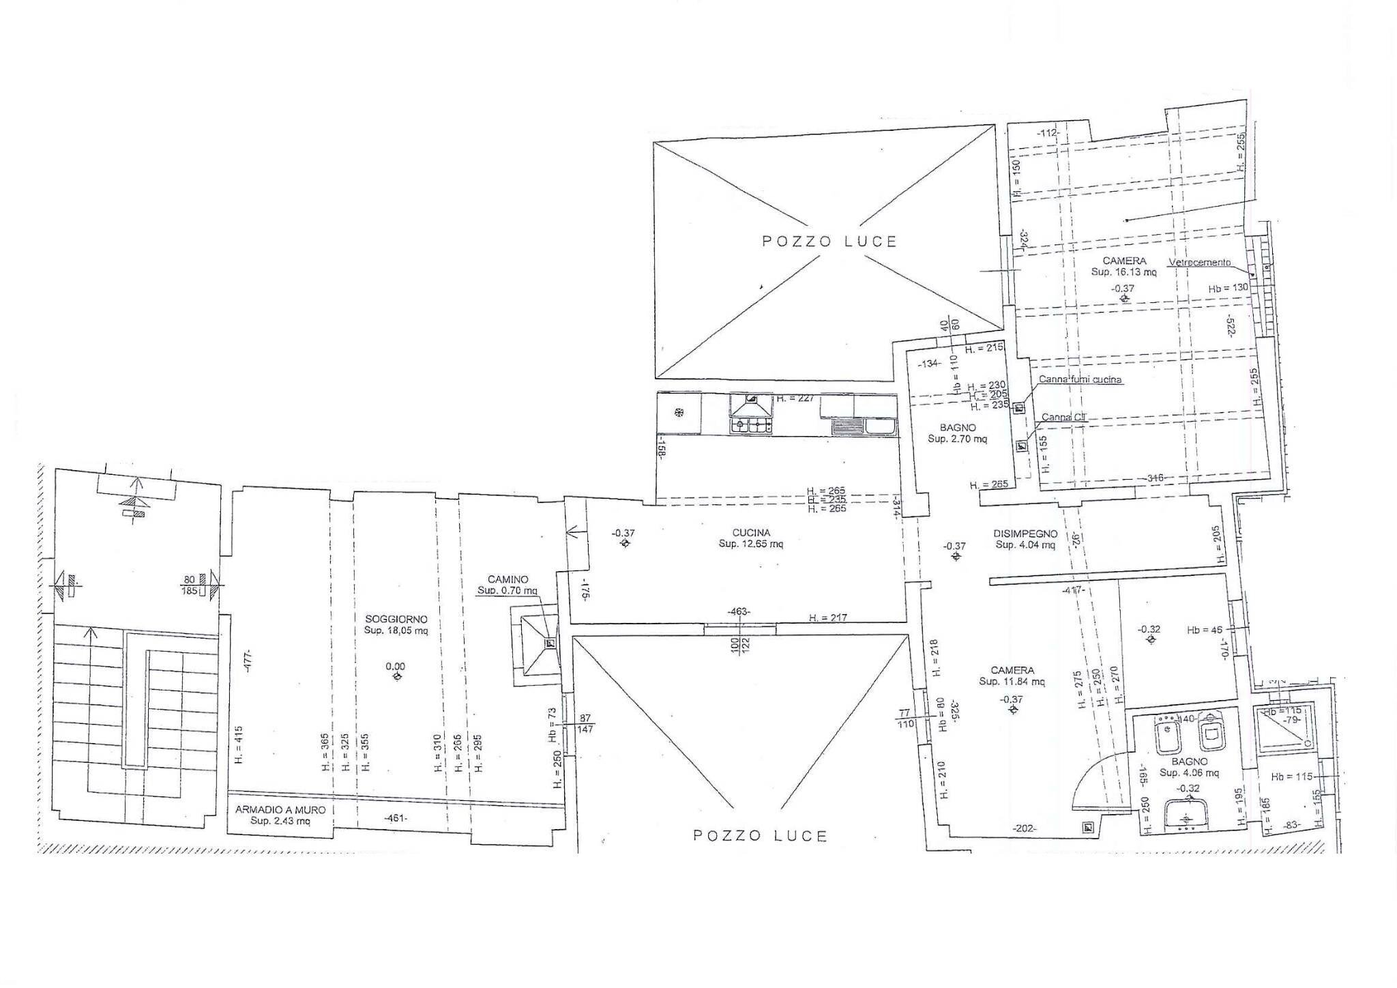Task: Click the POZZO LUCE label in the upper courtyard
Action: click(x=829, y=242)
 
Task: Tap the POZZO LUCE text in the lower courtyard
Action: click(x=760, y=836)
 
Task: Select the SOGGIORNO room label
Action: click(x=396, y=619)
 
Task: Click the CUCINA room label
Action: click(x=751, y=532)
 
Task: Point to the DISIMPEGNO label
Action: click(x=1025, y=534)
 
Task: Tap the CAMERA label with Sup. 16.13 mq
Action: click(x=1123, y=261)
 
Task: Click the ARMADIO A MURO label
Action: click(x=280, y=810)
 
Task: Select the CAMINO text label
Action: click(x=508, y=579)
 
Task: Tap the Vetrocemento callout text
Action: click(x=1199, y=262)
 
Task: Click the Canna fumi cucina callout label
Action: click(x=1079, y=380)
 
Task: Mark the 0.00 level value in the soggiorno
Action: click(x=396, y=666)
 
